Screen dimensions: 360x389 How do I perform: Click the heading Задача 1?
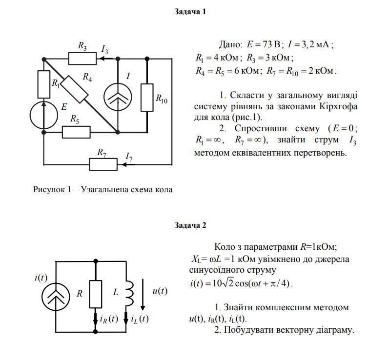[x=190, y=12]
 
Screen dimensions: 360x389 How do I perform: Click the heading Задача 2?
[x=190, y=225]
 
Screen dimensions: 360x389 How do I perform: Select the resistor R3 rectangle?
[x=82, y=59]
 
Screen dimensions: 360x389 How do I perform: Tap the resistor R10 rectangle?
[x=147, y=97]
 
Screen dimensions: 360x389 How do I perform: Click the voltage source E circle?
[x=43, y=115]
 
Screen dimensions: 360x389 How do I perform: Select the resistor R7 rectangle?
[x=103, y=164]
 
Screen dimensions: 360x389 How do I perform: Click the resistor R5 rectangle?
[x=76, y=132]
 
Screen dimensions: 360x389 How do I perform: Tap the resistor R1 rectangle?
[x=43, y=84]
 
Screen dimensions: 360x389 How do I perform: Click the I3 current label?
[x=104, y=49]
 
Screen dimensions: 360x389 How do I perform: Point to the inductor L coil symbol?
[x=129, y=293]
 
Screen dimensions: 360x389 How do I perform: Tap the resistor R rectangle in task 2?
[x=95, y=294]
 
